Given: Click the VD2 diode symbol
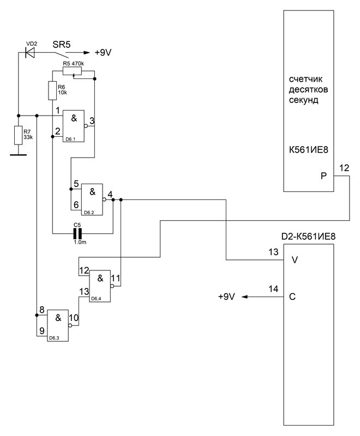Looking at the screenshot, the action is [x=30, y=52].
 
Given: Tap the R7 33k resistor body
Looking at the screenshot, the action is [x=19, y=135].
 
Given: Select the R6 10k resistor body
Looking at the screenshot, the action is [x=52, y=90].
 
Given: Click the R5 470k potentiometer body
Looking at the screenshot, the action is [x=73, y=71].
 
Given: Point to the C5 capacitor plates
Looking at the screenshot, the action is [x=77, y=234].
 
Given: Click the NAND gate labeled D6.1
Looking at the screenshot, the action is [x=74, y=126].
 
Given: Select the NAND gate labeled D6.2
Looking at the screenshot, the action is [x=92, y=199].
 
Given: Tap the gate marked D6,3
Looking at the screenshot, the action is [x=58, y=325].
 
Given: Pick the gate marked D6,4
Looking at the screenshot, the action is [x=100, y=286].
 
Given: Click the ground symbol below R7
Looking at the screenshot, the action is [x=19, y=154].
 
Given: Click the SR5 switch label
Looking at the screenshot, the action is [x=62, y=44].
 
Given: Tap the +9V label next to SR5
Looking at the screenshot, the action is [x=103, y=52].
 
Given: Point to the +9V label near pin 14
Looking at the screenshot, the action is [x=226, y=296].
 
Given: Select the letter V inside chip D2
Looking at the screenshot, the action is [x=295, y=260].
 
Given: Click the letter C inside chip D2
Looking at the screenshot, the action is [x=292, y=296].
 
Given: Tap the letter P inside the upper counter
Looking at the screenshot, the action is [x=323, y=175].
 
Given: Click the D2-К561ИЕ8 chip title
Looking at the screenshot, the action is [x=308, y=237].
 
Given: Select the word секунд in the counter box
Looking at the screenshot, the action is [x=303, y=100].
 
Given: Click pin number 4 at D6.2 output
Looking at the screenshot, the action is [x=110, y=195].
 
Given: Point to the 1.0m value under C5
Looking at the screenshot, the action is [x=80, y=242].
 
